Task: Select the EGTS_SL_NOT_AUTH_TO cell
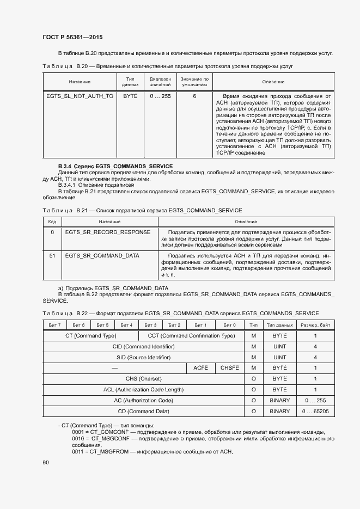[80, 96]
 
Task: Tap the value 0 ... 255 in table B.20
[160, 96]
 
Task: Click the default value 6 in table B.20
[194, 96]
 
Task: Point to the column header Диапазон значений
[160, 82]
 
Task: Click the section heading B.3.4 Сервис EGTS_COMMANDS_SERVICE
[115, 166]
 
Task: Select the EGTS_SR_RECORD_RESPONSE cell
[107, 232]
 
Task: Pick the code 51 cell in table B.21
[52, 255]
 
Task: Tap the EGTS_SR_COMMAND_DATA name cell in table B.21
[102, 255]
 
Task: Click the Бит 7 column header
[54, 325]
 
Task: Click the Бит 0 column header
[230, 325]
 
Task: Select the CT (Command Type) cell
[90, 336]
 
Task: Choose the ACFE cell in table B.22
[201, 368]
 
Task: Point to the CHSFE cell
[230, 368]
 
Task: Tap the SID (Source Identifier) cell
[143, 357]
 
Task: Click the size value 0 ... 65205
[315, 411]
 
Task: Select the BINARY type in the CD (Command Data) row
[279, 411]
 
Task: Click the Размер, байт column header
[315, 325]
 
